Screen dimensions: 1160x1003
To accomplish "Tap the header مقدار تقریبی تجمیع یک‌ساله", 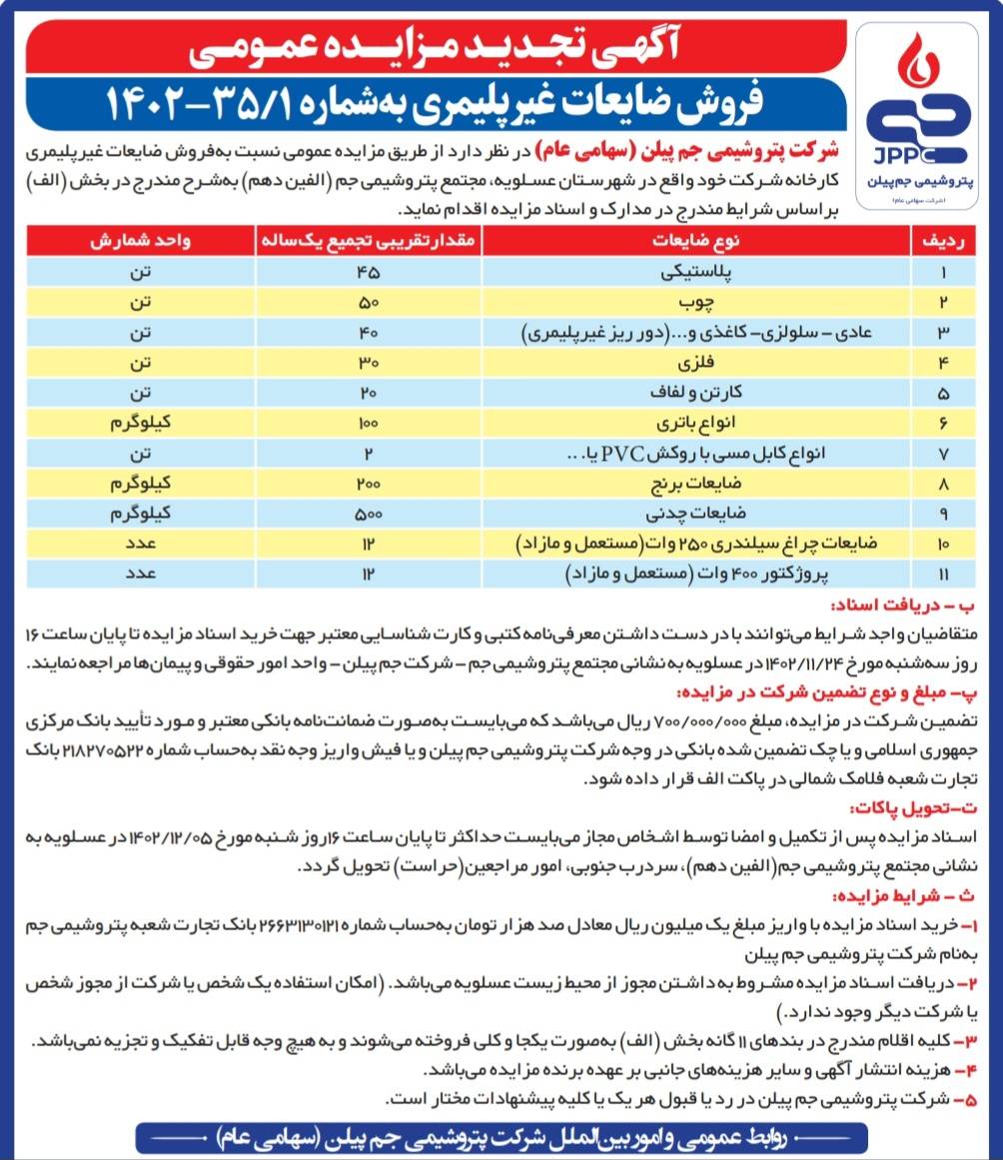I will point(371,242).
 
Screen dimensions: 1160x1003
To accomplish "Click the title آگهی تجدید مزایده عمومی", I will point(440,45).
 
